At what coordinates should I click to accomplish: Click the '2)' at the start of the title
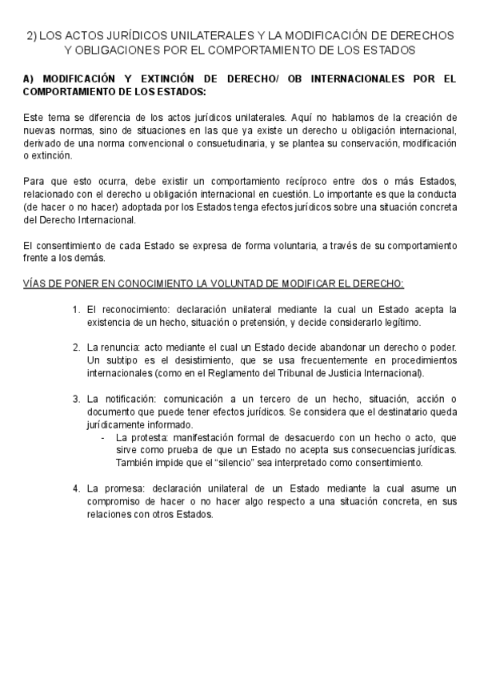[x=31, y=36]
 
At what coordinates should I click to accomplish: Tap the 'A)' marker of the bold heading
[x=30, y=80]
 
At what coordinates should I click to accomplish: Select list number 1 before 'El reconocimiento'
[x=75, y=309]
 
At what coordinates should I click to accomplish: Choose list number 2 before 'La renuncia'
[x=75, y=348]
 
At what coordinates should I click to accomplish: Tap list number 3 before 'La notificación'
[x=75, y=400]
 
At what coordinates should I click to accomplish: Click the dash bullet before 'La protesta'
[x=102, y=438]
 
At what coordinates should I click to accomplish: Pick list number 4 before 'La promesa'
[x=75, y=489]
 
